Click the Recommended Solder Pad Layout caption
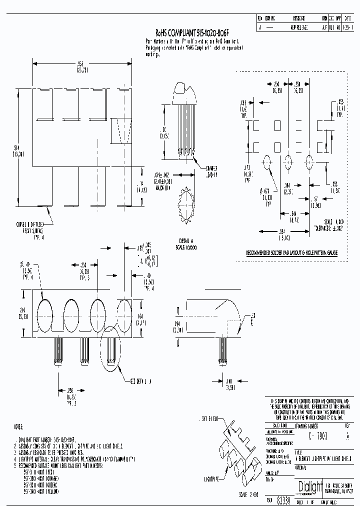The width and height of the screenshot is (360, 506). (291, 253)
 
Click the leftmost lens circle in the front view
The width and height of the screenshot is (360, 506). (43, 316)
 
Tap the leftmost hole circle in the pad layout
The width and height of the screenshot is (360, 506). (266, 162)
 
